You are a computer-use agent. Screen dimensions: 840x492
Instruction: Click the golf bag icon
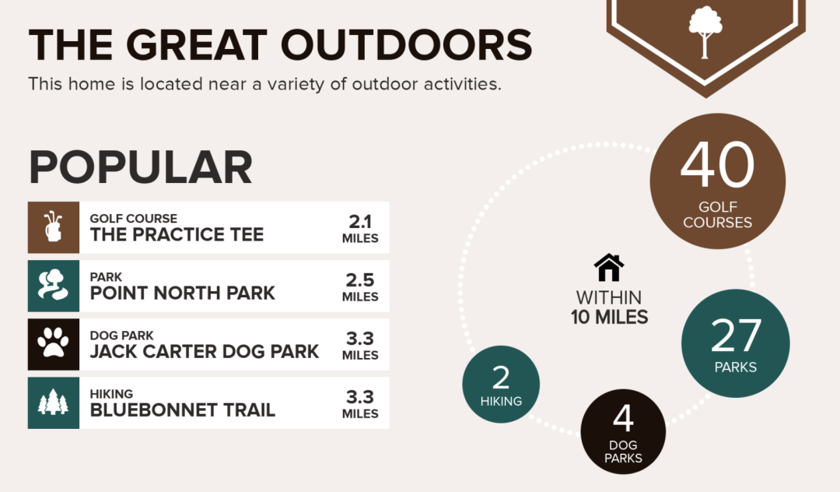click(53, 227)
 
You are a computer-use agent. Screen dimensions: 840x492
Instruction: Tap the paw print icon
click(53, 343)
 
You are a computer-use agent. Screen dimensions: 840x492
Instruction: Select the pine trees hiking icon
click(53, 402)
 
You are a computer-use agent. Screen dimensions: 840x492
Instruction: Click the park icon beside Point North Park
click(53, 285)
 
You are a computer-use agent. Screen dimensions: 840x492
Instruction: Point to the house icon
click(609, 268)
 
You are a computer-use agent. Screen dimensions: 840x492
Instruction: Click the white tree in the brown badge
click(705, 32)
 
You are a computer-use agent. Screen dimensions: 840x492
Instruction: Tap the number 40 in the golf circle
click(717, 165)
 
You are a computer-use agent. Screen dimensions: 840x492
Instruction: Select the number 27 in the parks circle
click(736, 335)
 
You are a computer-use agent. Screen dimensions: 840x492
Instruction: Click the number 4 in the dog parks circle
click(623, 419)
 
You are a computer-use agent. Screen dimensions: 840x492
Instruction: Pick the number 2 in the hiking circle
click(501, 378)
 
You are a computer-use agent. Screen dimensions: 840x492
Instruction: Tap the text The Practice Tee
click(177, 235)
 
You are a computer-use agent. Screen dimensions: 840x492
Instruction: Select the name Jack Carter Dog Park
click(204, 352)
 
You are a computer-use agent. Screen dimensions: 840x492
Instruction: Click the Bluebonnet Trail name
click(183, 410)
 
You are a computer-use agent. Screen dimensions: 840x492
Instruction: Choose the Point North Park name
click(183, 293)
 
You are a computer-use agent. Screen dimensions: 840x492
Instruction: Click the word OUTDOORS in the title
click(407, 44)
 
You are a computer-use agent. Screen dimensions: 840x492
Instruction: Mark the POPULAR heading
click(140, 167)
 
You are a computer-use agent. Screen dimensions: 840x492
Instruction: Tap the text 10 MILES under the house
click(609, 318)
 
